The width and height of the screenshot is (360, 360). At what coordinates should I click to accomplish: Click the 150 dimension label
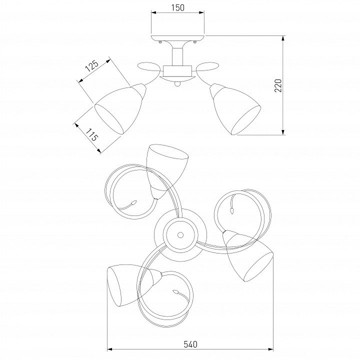click(x=177, y=7)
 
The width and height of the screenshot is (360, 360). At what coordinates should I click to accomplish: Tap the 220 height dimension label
click(x=278, y=85)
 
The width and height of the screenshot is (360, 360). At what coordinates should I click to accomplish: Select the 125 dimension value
click(x=92, y=66)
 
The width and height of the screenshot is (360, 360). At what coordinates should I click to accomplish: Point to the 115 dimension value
click(x=92, y=134)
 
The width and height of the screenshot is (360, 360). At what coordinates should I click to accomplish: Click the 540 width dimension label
click(x=190, y=344)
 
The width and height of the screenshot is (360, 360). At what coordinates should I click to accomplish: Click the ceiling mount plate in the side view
click(x=177, y=38)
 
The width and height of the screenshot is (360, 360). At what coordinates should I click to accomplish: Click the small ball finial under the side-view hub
click(x=177, y=84)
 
